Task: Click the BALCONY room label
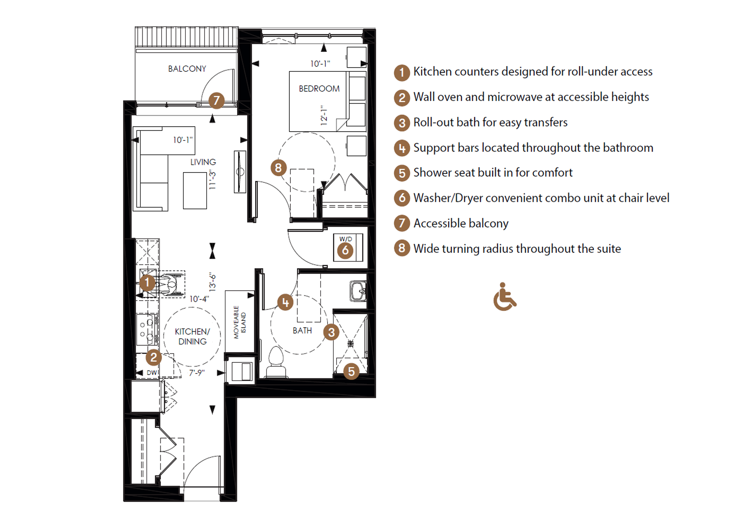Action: pyautogui.click(x=187, y=69)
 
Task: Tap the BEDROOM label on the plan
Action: pyautogui.click(x=319, y=88)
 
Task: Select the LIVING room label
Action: pyautogui.click(x=203, y=162)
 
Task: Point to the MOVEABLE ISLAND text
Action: pyautogui.click(x=239, y=322)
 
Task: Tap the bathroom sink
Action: pyautogui.click(x=358, y=291)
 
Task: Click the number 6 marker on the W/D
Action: pyautogui.click(x=345, y=250)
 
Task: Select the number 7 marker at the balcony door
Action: pyautogui.click(x=216, y=101)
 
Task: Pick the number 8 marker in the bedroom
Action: pyautogui.click(x=279, y=168)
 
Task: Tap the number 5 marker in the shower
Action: pyautogui.click(x=351, y=371)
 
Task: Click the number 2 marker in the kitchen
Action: pyautogui.click(x=153, y=357)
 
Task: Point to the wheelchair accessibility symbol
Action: pyautogui.click(x=505, y=297)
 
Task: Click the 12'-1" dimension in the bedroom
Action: pyautogui.click(x=324, y=115)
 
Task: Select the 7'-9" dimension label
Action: pyautogui.click(x=197, y=373)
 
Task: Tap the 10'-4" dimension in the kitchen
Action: pyautogui.click(x=199, y=299)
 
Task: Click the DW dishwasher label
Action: pyautogui.click(x=151, y=373)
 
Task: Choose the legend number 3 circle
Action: pyautogui.click(x=402, y=123)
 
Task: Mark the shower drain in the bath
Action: pyautogui.click(x=350, y=344)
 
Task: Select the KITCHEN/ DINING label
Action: pyautogui.click(x=192, y=337)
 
